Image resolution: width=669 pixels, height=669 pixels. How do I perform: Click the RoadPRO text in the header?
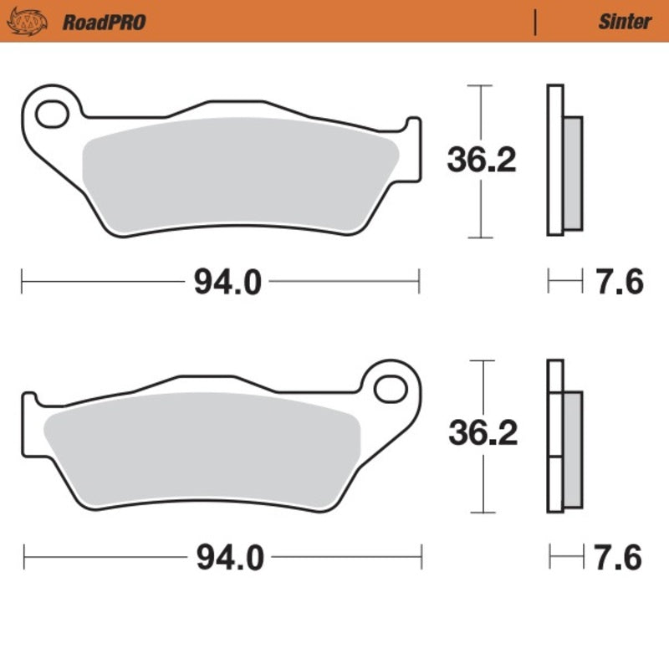tap(104, 22)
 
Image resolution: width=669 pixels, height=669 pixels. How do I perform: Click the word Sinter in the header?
tap(624, 22)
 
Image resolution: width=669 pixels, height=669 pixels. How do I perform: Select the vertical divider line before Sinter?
tap(534, 22)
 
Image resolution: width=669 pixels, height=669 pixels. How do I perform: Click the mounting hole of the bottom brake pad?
tap(390, 389)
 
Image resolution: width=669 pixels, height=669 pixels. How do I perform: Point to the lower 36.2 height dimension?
tap(483, 434)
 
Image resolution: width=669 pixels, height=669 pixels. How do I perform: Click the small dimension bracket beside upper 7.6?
tap(564, 281)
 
